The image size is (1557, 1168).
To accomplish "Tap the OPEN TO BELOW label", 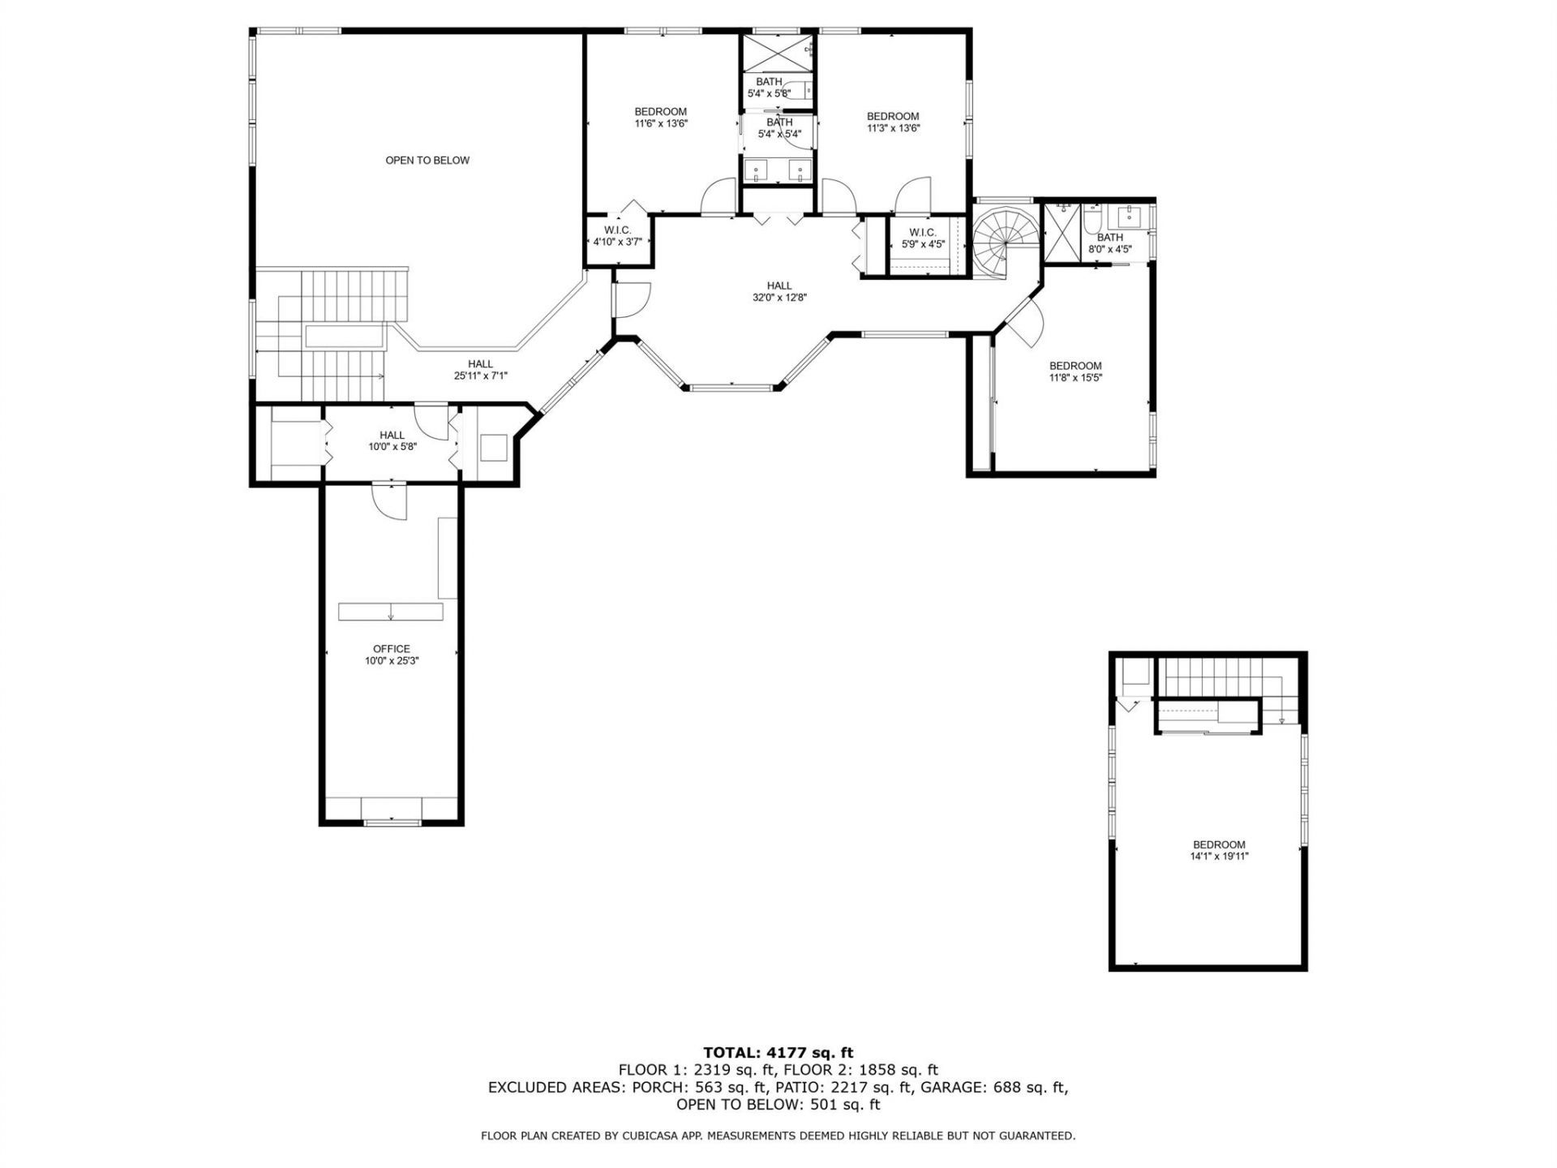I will (x=427, y=161).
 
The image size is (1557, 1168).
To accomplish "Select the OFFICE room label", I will (x=392, y=655).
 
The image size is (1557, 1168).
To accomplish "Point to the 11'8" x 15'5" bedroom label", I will (x=1075, y=371).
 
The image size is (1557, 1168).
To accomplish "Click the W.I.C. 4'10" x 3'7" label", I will (x=617, y=236).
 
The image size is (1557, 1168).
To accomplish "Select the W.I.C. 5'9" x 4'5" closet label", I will (x=923, y=238).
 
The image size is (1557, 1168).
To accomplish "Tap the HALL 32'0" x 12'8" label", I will (x=779, y=291).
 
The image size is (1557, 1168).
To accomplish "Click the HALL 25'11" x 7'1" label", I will (x=480, y=370).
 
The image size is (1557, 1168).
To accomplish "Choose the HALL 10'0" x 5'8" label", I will (x=392, y=440).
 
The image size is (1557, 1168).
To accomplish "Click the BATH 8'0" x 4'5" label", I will (x=1110, y=243).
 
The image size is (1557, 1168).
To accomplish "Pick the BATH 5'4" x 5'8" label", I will (x=769, y=87).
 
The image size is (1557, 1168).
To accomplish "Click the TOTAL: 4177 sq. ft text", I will (x=778, y=1053).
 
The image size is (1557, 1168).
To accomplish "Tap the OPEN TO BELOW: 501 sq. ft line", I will (x=778, y=1105).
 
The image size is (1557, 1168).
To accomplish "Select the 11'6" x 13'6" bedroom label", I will (x=660, y=118).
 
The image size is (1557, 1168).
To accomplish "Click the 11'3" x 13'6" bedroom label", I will (x=893, y=122).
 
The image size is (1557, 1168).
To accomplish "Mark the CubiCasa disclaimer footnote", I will (x=778, y=1136).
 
